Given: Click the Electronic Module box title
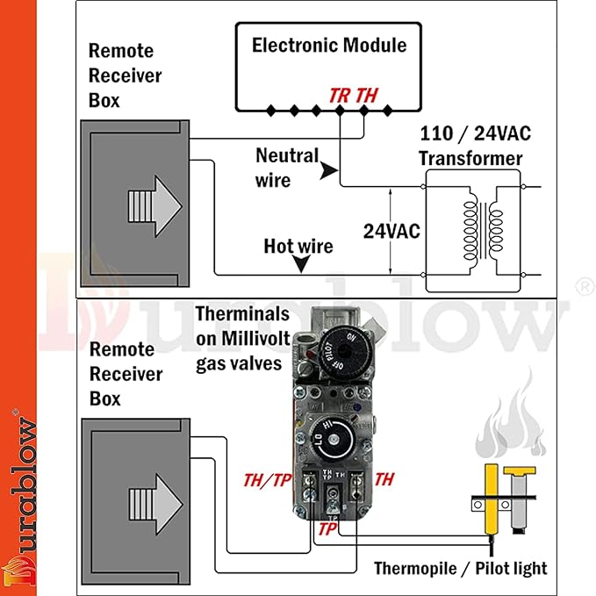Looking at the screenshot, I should click(329, 45).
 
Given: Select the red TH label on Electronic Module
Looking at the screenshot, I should click(368, 95).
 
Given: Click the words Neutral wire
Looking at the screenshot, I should click(287, 167).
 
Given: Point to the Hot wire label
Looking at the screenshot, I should click(298, 246).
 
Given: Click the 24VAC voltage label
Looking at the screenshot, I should click(391, 231).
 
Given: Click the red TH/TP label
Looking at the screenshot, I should click(269, 479).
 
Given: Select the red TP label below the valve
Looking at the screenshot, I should click(327, 529).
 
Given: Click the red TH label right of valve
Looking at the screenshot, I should click(384, 479).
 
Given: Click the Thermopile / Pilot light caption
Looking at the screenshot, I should click(460, 568).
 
